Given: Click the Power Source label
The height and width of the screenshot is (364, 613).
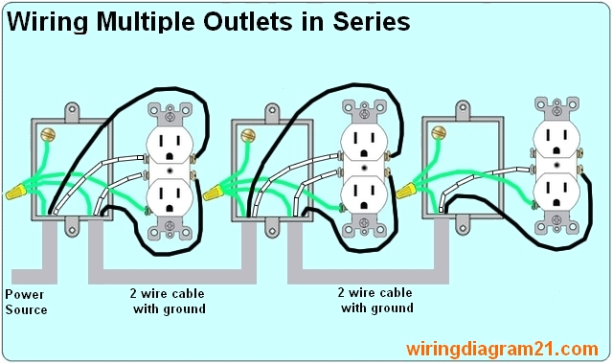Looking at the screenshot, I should click(x=26, y=302).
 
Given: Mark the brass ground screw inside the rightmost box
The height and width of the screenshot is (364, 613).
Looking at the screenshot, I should click(x=441, y=132).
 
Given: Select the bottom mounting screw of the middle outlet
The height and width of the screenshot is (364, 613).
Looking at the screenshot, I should click(x=364, y=229).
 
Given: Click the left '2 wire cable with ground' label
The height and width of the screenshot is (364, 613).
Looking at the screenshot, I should click(x=169, y=302).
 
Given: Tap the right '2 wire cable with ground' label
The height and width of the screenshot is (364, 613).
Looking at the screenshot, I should click(x=376, y=301).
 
